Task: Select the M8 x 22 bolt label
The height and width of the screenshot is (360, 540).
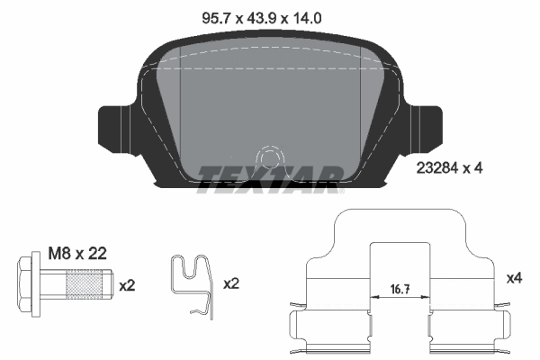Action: [x=78, y=254]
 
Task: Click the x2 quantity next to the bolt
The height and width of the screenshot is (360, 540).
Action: [x=127, y=284]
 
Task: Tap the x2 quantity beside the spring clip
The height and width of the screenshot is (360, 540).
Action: [x=231, y=283]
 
